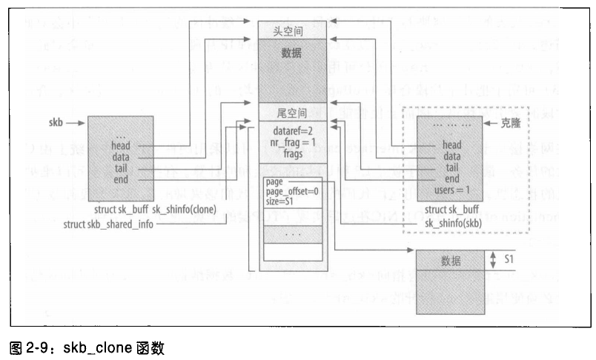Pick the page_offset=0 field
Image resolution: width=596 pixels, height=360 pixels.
[x=294, y=193]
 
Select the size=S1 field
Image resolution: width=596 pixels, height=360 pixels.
[x=280, y=202]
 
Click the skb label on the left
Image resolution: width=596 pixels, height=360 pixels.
[x=56, y=121]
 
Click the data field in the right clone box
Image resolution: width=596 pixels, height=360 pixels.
[x=451, y=157]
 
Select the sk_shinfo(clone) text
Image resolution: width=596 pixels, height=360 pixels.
[x=184, y=211]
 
